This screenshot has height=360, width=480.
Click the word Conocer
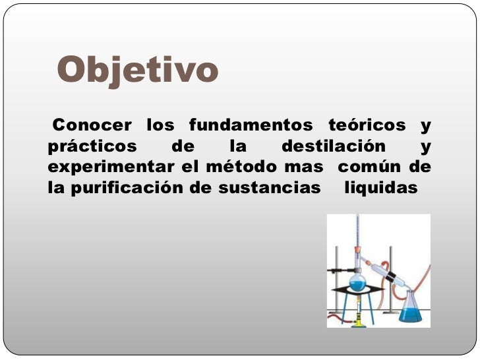click(x=92, y=125)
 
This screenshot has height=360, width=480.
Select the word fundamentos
click(x=251, y=125)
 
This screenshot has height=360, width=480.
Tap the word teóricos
click(x=367, y=125)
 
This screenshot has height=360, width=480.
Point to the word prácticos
click(x=92, y=146)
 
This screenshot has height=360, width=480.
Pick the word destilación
click(x=334, y=146)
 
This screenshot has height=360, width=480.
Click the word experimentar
click(x=111, y=167)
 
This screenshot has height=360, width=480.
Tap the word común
click(x=369, y=167)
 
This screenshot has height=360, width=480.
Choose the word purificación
click(x=128, y=189)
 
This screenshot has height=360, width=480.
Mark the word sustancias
click(x=270, y=188)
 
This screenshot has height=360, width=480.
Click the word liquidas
click(x=381, y=189)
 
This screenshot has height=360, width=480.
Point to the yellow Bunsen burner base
click(x=358, y=322)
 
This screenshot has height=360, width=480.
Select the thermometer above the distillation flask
click(x=357, y=236)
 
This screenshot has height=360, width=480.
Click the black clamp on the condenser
click(x=390, y=277)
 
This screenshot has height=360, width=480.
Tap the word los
click(x=160, y=125)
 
